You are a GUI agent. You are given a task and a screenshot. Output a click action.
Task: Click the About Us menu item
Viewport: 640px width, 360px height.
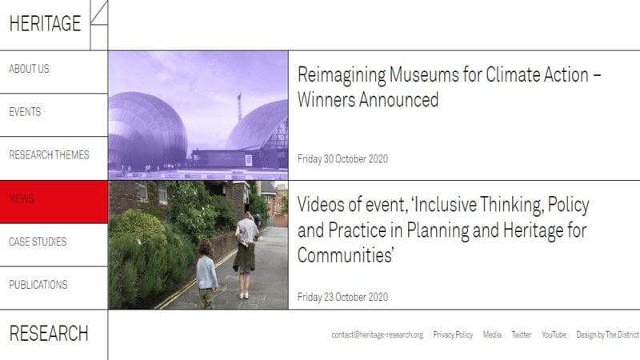(29, 69)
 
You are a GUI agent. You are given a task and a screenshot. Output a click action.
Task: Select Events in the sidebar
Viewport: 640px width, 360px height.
(25, 112)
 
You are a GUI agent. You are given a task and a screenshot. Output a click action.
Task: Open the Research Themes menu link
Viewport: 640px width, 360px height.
(49, 155)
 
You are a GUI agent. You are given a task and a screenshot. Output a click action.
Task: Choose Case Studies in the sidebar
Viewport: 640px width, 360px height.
(38, 242)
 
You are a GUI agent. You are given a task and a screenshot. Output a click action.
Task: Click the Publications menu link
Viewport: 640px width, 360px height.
(38, 285)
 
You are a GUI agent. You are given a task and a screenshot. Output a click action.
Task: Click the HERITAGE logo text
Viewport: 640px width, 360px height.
(45, 23)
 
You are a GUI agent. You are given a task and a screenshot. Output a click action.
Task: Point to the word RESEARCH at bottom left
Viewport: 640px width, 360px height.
(49, 333)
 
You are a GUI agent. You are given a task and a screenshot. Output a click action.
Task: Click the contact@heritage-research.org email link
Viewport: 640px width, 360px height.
(377, 334)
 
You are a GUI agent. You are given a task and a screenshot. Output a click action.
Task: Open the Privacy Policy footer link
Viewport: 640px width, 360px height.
(453, 334)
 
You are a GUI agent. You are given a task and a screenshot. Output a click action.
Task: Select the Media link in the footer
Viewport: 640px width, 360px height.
(492, 334)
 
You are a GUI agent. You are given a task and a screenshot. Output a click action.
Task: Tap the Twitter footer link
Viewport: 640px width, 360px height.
(522, 334)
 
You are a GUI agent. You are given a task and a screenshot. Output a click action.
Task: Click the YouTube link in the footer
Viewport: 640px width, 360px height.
(554, 334)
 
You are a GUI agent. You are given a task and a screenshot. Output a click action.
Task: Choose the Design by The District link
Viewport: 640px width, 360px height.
(607, 334)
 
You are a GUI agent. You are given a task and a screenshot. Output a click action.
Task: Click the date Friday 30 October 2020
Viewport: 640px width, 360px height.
(342, 158)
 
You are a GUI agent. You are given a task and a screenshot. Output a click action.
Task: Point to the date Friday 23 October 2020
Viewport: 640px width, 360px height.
(342, 297)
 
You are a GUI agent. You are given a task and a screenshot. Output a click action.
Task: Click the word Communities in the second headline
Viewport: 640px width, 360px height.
(346, 255)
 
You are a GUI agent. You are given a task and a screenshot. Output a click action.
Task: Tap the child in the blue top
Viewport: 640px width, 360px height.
(206, 274)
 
